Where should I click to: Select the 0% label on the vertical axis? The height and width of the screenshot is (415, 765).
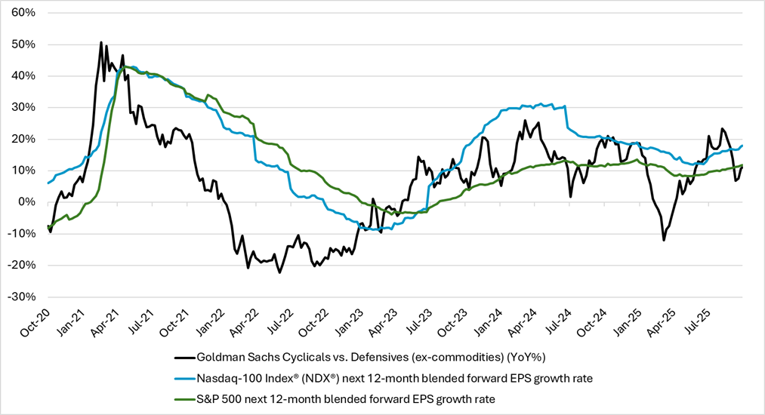tap(25, 202)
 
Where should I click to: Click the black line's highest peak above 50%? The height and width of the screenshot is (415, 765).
tap(101, 43)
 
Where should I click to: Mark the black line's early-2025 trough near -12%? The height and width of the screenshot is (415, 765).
tap(664, 240)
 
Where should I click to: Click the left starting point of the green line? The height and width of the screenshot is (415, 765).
tap(48, 226)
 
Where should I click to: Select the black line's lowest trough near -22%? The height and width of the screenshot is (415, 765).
tap(279, 272)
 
